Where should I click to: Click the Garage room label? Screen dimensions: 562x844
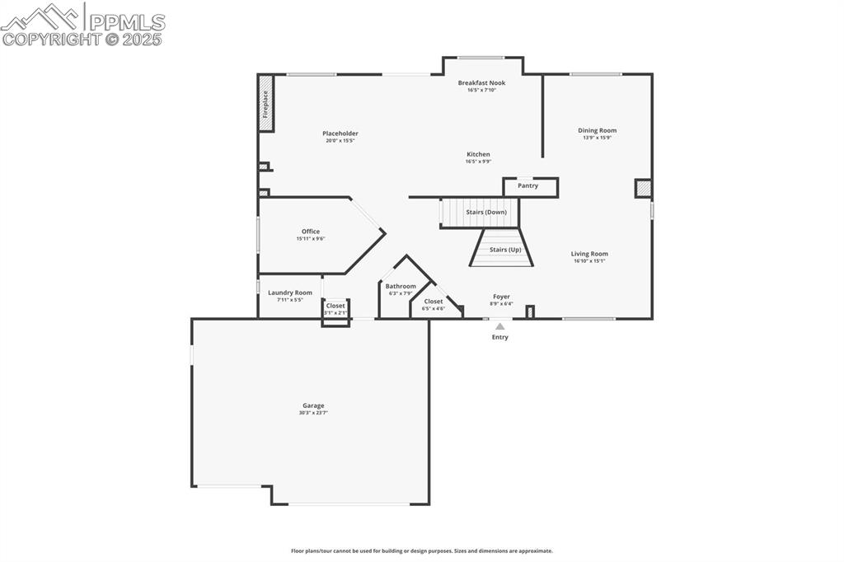[x=312, y=405]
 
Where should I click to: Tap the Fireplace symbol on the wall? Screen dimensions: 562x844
[x=265, y=104]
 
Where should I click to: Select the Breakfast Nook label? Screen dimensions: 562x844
[x=481, y=83]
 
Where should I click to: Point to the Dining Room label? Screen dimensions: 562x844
[x=597, y=130]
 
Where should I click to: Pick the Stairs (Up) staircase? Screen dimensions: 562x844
[x=502, y=250]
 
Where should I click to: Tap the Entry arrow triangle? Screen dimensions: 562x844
[x=499, y=326]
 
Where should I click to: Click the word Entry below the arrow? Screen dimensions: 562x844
[x=499, y=337]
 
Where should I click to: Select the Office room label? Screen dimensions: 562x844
[x=310, y=232]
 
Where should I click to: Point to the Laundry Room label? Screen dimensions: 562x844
[x=289, y=293]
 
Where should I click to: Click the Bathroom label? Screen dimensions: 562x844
[x=401, y=286]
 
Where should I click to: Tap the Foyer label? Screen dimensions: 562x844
[x=501, y=297]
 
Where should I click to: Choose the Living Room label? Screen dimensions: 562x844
[x=589, y=254]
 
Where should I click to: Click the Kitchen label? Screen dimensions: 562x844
[x=478, y=154]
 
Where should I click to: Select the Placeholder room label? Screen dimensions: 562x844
[x=340, y=133]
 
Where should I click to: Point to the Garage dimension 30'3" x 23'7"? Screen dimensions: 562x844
[x=312, y=413]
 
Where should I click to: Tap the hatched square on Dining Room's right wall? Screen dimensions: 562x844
[x=643, y=189]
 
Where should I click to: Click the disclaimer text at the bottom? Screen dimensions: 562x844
[x=421, y=550]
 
